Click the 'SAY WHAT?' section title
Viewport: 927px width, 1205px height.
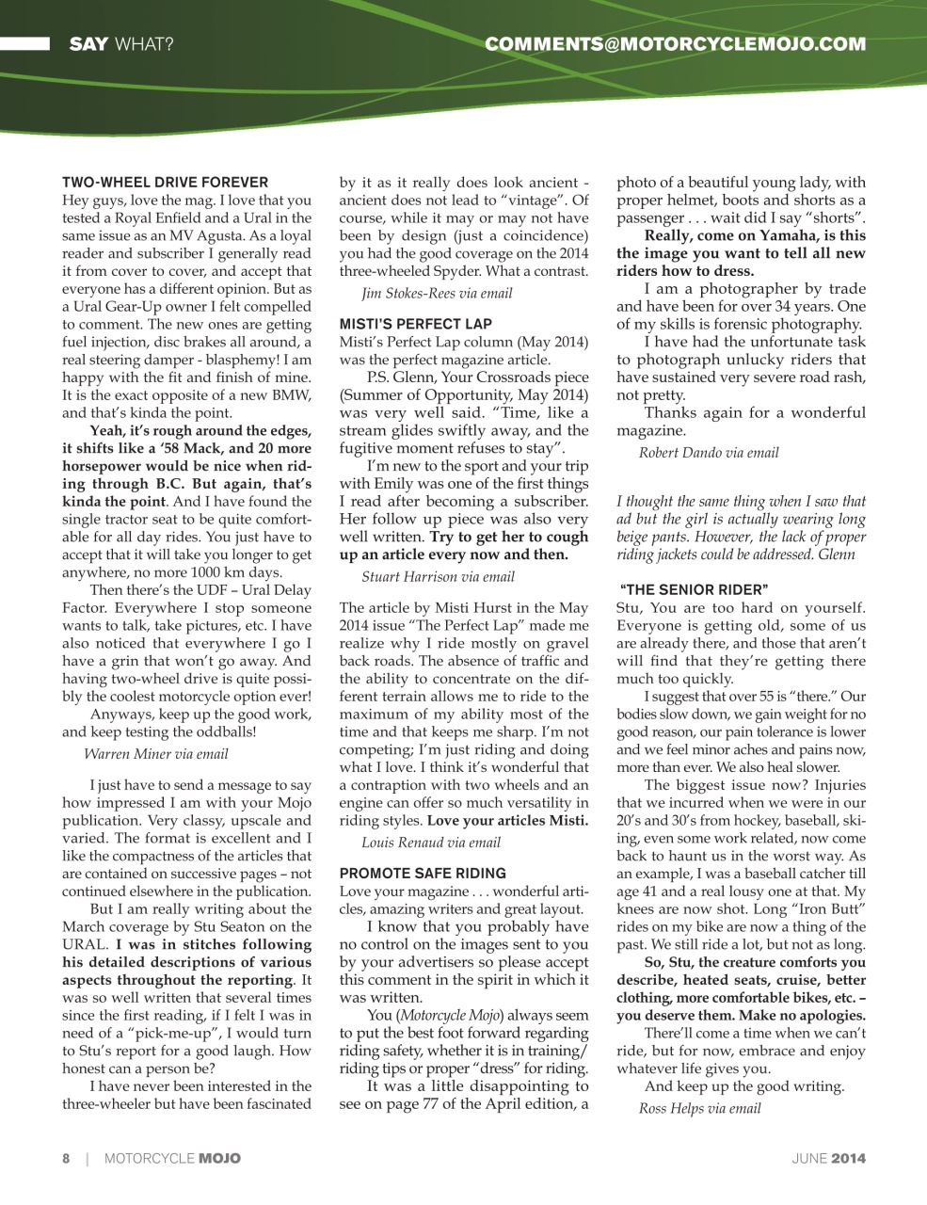tap(120, 43)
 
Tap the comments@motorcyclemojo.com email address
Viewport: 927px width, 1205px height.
tap(675, 43)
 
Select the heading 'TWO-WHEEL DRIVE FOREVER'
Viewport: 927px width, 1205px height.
tap(165, 183)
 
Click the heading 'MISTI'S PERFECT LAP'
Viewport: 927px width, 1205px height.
tap(415, 324)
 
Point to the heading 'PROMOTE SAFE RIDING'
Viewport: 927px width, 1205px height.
tap(423, 874)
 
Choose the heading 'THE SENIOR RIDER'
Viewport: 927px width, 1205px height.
tap(695, 590)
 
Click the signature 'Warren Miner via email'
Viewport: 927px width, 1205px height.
tap(156, 754)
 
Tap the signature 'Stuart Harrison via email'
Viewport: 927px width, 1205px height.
tap(438, 577)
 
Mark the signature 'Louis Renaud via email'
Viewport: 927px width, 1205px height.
tap(431, 843)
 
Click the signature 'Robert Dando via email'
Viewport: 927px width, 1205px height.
tap(709, 453)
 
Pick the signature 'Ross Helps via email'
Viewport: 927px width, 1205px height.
tap(699, 1109)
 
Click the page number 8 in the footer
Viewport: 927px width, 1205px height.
tap(66, 1159)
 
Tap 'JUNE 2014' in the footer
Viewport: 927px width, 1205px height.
tap(828, 1159)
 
